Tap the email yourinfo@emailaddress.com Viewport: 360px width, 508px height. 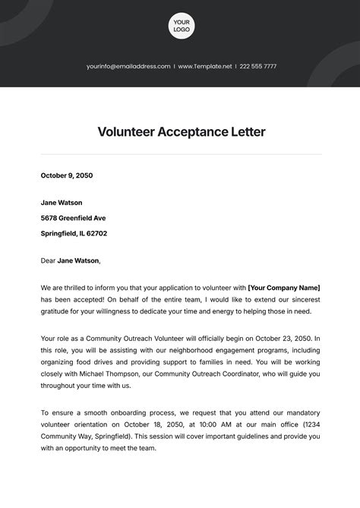(128, 67)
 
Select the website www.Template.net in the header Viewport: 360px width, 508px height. (204, 67)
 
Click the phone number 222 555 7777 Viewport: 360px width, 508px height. (258, 67)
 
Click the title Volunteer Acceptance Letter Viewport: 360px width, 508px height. (181, 131)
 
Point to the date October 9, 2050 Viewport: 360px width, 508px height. (66, 175)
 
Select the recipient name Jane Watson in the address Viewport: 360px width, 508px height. (62, 203)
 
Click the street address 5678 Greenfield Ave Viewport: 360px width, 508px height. (73, 218)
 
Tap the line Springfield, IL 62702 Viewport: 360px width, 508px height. (74, 233)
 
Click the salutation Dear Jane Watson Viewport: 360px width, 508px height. (70, 260)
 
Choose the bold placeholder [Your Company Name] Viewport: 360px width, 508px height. (283, 288)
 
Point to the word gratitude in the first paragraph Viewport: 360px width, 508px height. (59, 311)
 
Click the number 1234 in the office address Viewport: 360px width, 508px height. (311, 424)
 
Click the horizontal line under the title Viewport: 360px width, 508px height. (181, 154)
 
